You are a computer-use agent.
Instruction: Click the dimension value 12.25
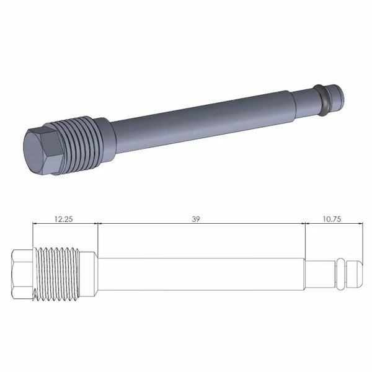pyautogui.click(x=64, y=219)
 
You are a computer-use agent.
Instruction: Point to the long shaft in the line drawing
pyautogui.click(x=198, y=273)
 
